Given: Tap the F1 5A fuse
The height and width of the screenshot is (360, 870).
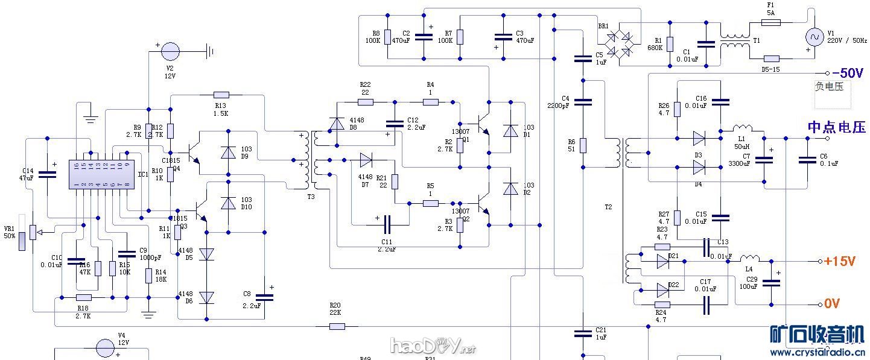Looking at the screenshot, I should pos(770,22).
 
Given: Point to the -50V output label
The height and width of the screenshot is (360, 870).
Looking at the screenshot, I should pos(848,73).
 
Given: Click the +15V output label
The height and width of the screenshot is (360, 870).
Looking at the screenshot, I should pos(839,262).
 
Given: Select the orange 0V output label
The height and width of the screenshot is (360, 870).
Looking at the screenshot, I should pos(832,303).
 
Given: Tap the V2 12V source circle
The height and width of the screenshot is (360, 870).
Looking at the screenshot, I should pos(170,51).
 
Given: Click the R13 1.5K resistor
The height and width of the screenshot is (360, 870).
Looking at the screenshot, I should pos(221,95).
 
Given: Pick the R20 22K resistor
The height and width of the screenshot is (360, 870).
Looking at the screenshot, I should pos(337,326).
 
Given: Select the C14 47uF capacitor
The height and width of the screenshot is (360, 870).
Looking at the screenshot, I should pos(47,174).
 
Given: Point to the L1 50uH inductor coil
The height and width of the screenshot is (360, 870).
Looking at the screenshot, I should pos(741,128).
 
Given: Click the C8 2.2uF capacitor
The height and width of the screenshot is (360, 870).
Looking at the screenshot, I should pos(264,297).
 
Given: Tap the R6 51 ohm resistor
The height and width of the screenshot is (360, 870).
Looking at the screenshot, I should pos(583,145).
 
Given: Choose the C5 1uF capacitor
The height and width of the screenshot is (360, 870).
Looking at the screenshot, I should pos(583,58).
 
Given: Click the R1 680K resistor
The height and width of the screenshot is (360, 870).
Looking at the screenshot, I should pos(669,44).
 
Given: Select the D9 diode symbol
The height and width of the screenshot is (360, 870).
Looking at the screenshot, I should pos(228,153).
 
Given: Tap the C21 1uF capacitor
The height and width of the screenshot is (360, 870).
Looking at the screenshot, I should pos(583,332).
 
